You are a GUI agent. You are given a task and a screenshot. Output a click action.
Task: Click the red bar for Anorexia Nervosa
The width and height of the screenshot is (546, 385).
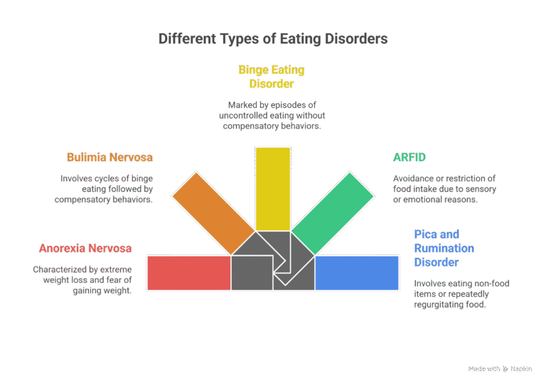coord(188,273)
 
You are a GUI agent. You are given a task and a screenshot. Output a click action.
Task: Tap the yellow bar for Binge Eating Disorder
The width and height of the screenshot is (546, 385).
coord(272,188)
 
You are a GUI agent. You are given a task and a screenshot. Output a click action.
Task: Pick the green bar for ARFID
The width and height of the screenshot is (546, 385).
coord(333,212)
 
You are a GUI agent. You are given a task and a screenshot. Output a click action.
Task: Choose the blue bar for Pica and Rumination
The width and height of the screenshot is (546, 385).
coord(356,273)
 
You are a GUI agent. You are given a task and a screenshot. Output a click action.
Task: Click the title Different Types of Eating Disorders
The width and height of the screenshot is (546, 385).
coord(273,38)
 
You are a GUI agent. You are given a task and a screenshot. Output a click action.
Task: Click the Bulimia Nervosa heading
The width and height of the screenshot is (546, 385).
coord(109,157)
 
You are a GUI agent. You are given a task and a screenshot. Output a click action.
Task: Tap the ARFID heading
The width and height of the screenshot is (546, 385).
coord(409,157)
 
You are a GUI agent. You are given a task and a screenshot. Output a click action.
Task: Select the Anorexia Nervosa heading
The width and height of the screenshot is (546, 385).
coord(85,249)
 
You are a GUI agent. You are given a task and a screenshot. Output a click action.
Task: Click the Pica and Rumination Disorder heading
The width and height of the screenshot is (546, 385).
coord(444,248)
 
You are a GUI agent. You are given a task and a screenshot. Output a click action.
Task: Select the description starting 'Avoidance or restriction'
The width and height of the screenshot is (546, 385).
coord(444,189)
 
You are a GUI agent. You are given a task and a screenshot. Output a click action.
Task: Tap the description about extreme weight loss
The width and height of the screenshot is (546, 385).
coord(82,280)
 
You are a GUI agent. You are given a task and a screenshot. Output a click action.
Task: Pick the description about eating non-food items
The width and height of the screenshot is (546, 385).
coord(461,293)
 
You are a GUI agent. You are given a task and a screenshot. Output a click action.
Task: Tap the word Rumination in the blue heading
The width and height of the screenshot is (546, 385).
coord(444,248)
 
